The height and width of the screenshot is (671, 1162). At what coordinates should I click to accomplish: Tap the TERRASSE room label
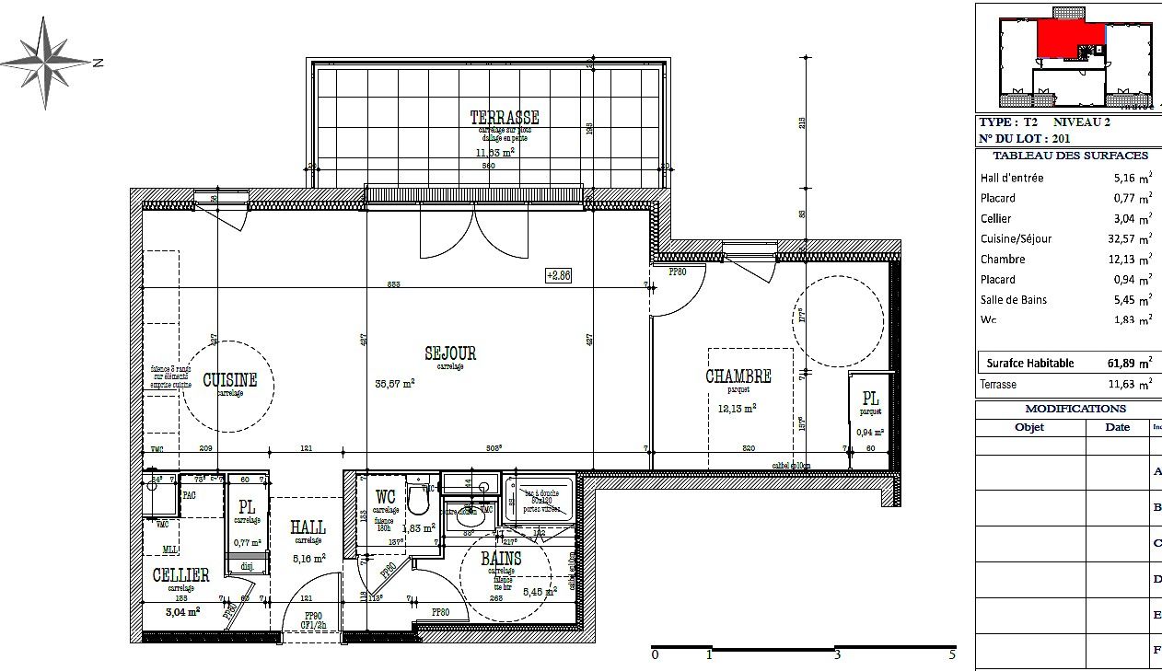click(x=504, y=118)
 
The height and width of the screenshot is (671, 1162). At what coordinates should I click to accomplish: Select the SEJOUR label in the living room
click(x=450, y=353)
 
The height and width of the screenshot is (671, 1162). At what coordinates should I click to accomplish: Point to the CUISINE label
click(x=229, y=380)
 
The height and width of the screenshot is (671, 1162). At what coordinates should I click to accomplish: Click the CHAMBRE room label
click(x=738, y=376)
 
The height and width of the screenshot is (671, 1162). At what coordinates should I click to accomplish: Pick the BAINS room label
click(x=501, y=559)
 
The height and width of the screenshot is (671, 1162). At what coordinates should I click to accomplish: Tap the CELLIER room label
click(x=181, y=575)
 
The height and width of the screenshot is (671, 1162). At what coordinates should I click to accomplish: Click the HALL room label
click(x=308, y=527)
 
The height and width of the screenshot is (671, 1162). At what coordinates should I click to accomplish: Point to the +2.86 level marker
click(x=558, y=274)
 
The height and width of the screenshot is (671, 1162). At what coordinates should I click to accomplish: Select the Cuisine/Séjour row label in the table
click(x=1016, y=239)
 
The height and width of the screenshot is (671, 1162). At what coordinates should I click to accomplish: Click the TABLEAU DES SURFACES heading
click(x=1070, y=156)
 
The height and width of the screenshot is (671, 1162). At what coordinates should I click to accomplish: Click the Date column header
click(x=1117, y=427)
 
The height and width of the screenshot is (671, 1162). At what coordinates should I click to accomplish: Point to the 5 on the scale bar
click(x=952, y=655)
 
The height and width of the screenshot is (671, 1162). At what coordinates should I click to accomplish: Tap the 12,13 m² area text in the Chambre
click(x=738, y=408)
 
